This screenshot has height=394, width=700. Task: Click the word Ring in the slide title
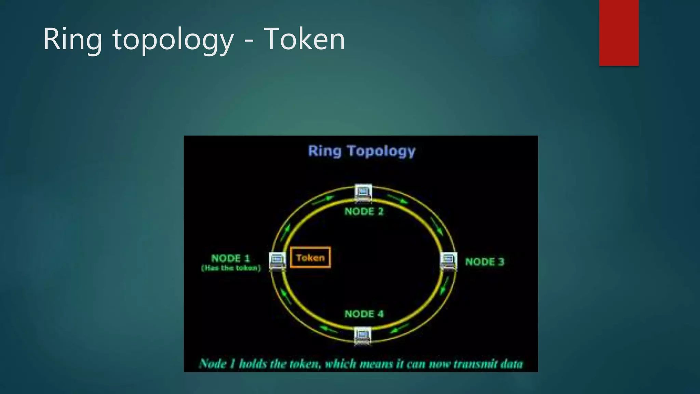pos(72,40)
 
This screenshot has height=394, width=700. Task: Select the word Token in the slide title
pos(304,40)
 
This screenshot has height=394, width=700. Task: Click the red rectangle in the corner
pos(619,32)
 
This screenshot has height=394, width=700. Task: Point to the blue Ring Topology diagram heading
pos(362,151)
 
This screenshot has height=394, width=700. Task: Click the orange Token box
pos(310,258)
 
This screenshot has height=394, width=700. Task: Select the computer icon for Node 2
pos(363,192)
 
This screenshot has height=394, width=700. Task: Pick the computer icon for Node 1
pos(277,261)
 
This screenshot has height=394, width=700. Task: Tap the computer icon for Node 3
pos(448,261)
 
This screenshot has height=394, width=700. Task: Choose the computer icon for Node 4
pos(363,336)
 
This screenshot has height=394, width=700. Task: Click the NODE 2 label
pos(364,211)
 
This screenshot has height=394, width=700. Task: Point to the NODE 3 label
pos(485,262)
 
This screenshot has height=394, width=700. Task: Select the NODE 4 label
pos(364,314)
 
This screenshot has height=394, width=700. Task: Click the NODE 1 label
pos(231,258)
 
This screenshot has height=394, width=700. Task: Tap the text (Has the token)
pos(231,268)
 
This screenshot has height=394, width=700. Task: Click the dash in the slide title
pos(249,41)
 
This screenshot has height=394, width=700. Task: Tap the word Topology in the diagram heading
pos(381,151)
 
